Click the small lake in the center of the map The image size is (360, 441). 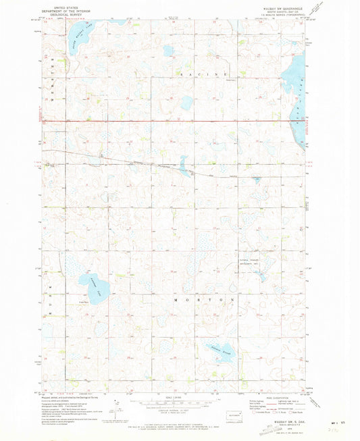[182, 163]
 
